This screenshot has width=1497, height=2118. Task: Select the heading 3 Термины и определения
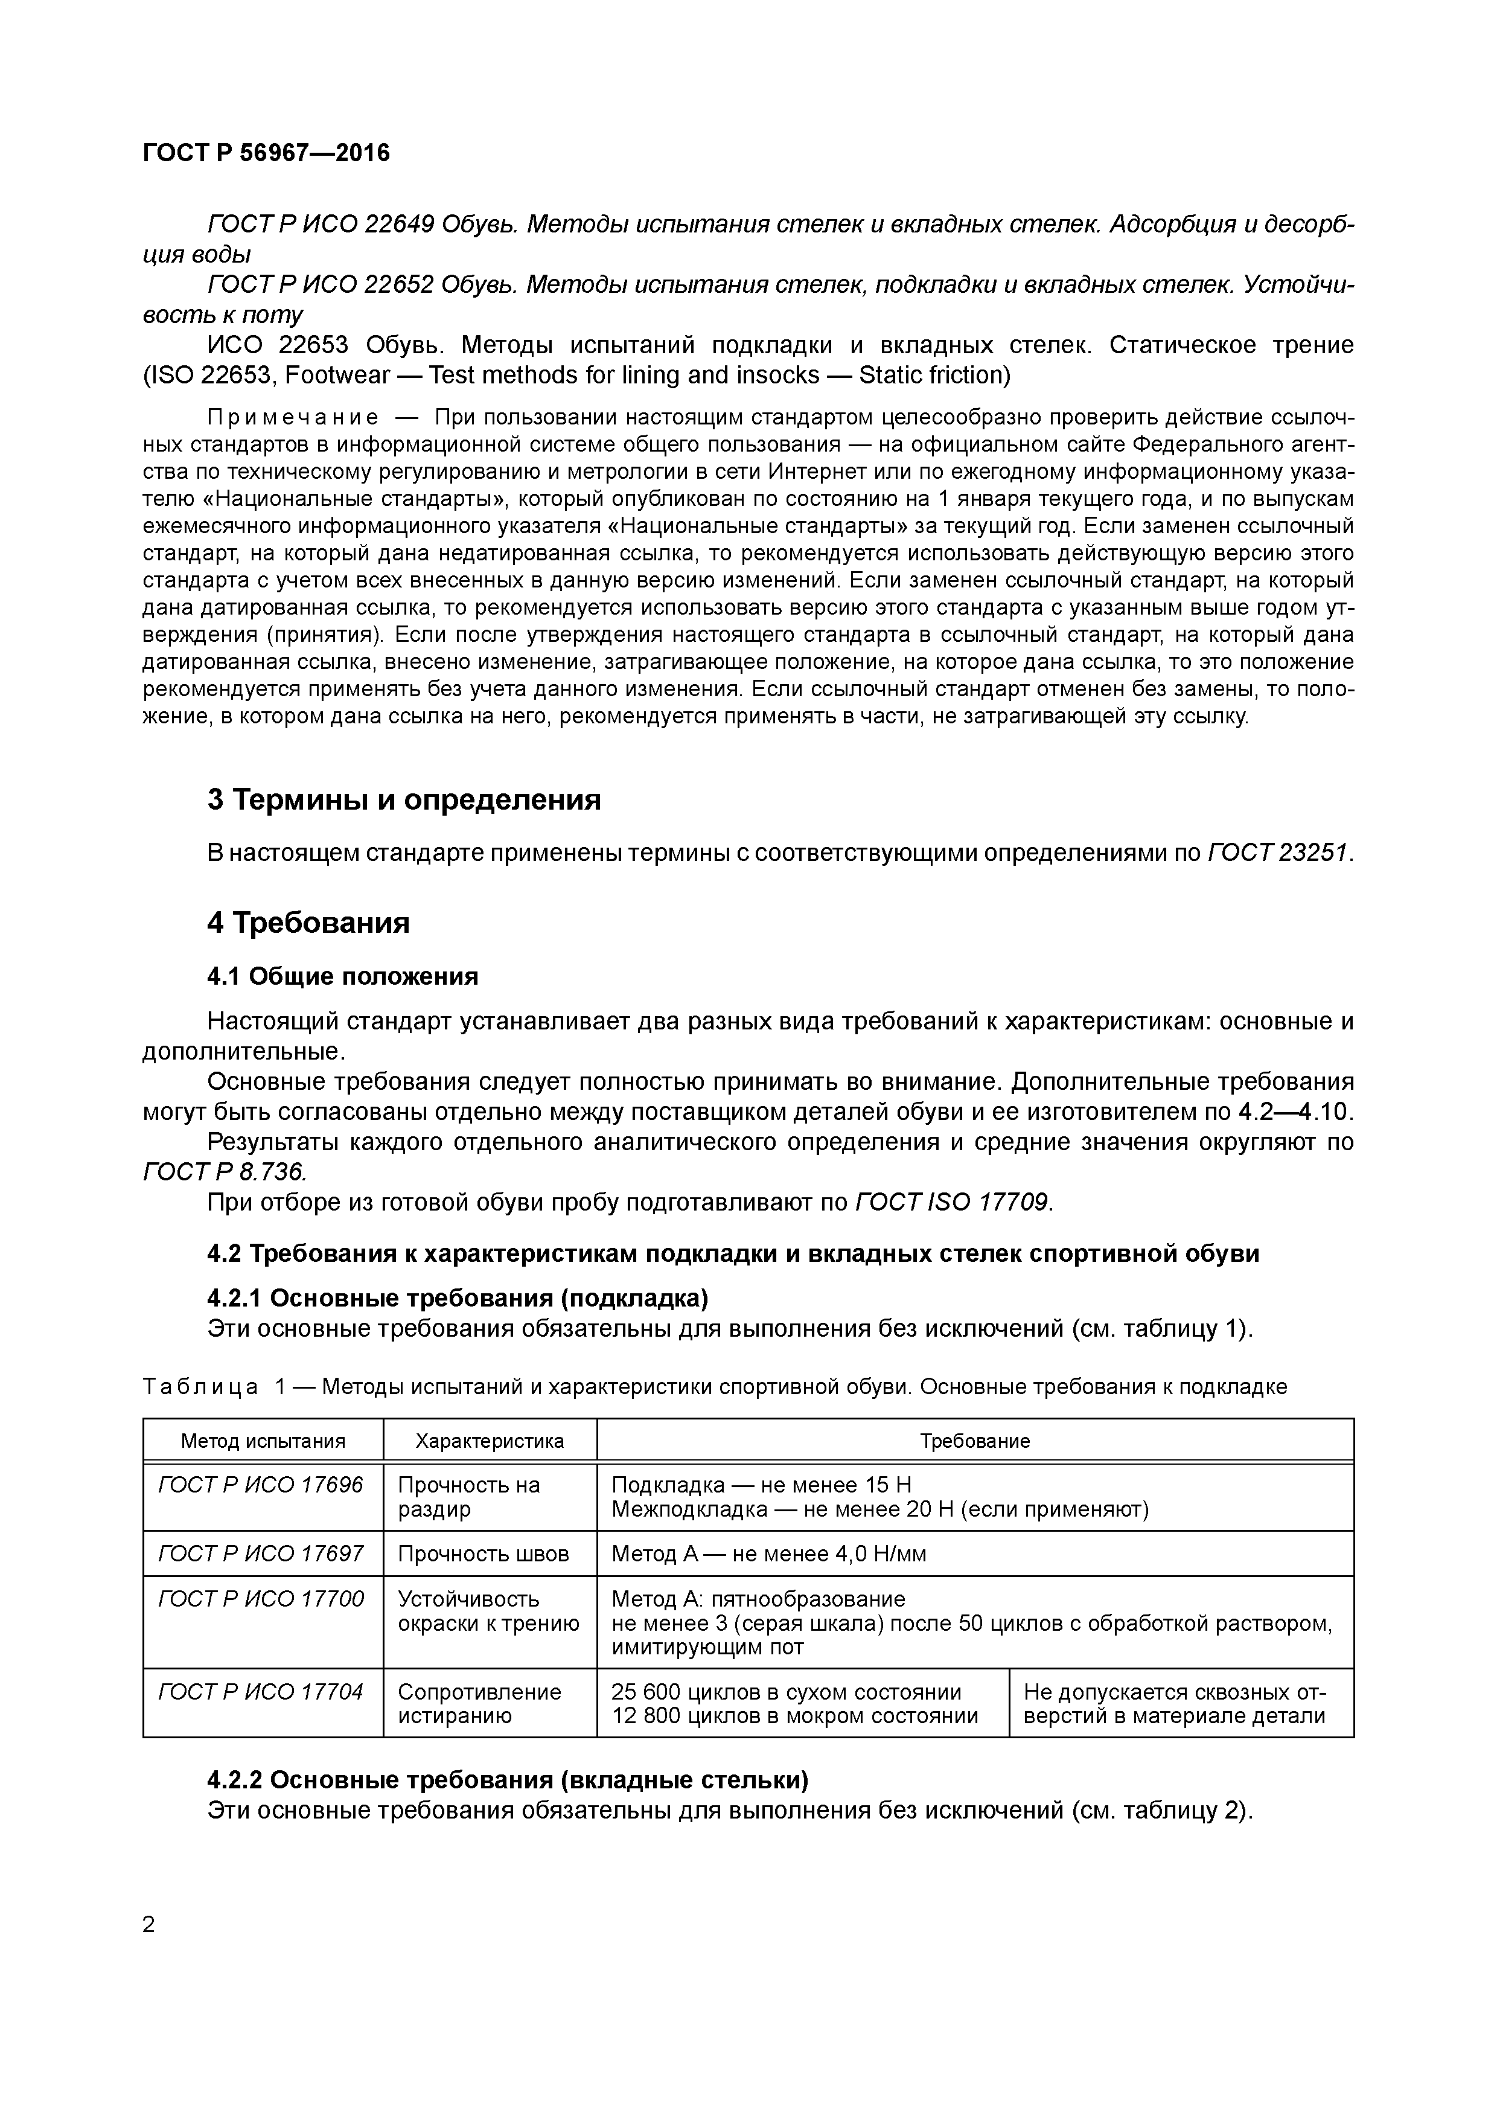[404, 799]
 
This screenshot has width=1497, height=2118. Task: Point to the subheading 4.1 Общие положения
[342, 976]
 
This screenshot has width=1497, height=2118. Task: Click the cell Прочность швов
[484, 1553]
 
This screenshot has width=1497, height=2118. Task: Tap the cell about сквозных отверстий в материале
[1174, 1704]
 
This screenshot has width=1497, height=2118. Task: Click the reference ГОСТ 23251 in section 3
[1277, 853]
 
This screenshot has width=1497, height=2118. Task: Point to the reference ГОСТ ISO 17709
[952, 1203]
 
